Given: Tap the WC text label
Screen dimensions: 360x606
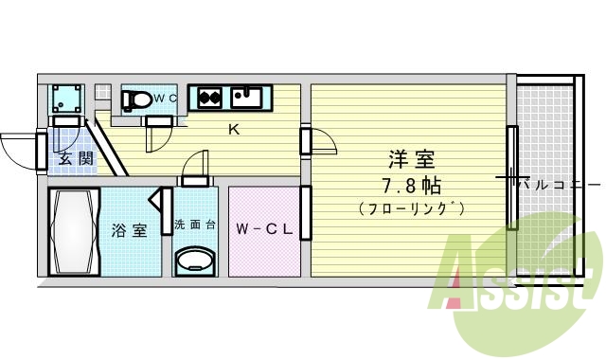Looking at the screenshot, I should (167, 98).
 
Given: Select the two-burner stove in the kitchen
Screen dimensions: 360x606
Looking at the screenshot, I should (209, 96).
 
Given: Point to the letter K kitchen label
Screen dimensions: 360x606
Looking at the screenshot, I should (233, 130).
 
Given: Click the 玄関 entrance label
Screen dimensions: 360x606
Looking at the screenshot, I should (76, 159).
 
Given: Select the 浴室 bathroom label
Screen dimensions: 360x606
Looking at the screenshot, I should (130, 229).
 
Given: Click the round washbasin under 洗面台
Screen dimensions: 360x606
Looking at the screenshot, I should (195, 260).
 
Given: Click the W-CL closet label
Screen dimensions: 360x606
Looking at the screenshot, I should (263, 228).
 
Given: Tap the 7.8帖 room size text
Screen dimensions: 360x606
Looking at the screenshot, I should (411, 185).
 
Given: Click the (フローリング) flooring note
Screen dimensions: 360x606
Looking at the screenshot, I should (411, 207).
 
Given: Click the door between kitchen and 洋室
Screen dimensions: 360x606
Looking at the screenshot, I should (307, 140).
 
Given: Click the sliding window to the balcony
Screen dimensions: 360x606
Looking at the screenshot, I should (511, 178).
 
